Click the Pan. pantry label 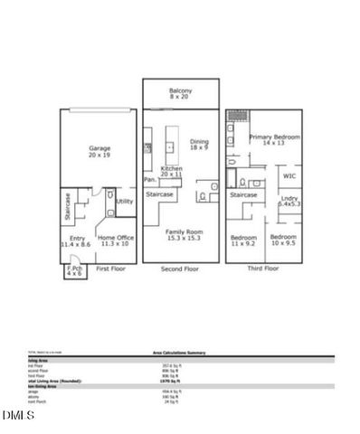149,179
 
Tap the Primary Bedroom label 276,140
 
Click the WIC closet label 289,176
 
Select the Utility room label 124,202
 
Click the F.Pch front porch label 74,270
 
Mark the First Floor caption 109,269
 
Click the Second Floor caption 179,269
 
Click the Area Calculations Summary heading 179,354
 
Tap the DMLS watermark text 15,415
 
